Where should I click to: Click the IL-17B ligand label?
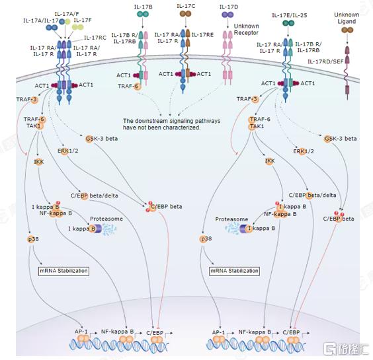(x=143, y=7)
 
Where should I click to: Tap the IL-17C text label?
(x=186, y=6)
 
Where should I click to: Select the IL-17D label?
(x=229, y=7)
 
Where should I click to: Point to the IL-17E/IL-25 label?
(x=290, y=15)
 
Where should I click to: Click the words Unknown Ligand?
(x=347, y=18)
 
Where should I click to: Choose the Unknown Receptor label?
(x=246, y=30)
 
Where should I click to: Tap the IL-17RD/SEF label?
(x=325, y=61)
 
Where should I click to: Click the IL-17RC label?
(x=95, y=38)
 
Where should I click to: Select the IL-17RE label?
(x=202, y=35)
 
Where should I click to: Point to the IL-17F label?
(x=83, y=20)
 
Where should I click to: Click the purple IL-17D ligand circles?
(x=228, y=15)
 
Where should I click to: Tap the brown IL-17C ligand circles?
(x=186, y=14)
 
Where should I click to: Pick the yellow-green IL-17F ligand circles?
(x=77, y=27)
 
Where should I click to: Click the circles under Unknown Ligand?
(x=347, y=30)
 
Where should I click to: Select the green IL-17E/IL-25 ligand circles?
(x=288, y=23)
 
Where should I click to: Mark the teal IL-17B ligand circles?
(x=143, y=15)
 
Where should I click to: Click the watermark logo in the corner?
(x=346, y=349)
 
